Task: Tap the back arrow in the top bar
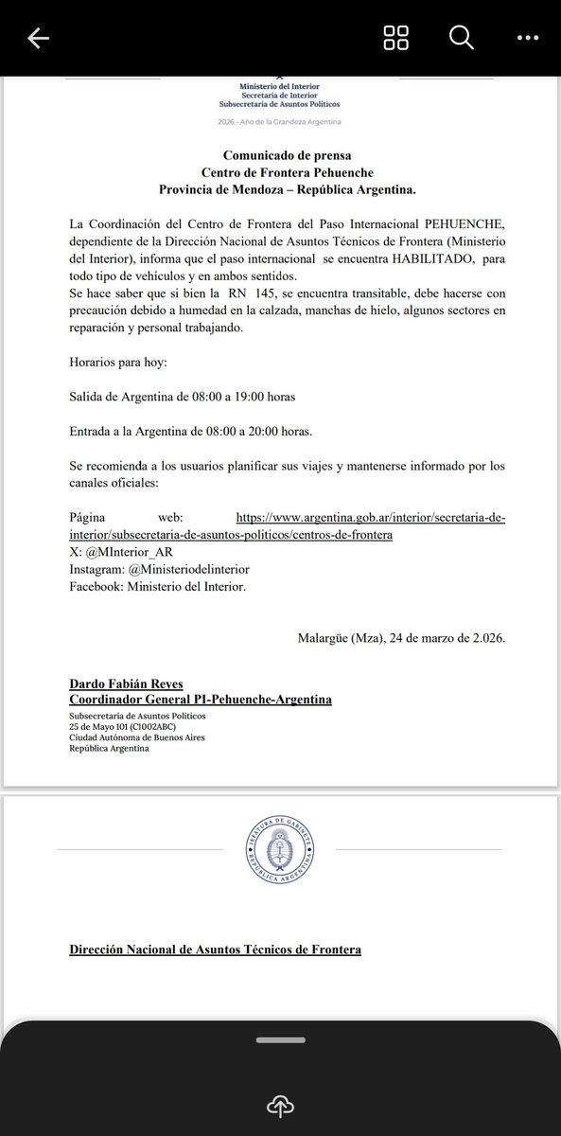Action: tap(39, 38)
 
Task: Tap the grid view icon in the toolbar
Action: tap(395, 38)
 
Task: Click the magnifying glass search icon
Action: tap(460, 38)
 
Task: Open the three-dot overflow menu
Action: tap(527, 38)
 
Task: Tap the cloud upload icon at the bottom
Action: tap(280, 1105)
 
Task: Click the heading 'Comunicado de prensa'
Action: tap(281, 155)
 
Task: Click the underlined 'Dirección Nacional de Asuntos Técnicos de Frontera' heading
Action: tap(216, 949)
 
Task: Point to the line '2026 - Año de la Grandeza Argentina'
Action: tap(280, 123)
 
